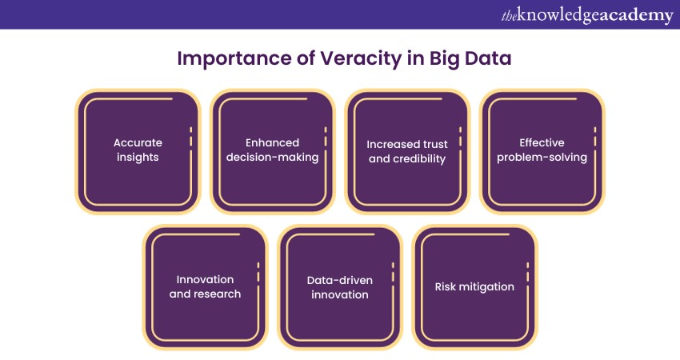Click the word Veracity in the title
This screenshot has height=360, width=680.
coord(361,58)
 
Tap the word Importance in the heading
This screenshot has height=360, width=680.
coord(234,59)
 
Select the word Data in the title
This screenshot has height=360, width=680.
coord(488,58)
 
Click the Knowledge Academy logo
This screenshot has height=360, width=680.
coord(587,15)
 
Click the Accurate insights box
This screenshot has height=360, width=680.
coord(138,151)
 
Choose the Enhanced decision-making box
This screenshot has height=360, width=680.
coord(273,151)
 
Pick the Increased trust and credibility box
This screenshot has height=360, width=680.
coord(408,151)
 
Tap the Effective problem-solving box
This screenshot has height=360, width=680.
coord(542,151)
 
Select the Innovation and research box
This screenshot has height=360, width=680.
coord(205,286)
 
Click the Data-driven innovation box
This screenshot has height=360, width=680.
coord(340,286)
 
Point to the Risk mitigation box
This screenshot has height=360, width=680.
coord(475,286)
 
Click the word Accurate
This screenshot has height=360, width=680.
coord(138,142)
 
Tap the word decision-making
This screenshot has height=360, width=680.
coord(272,158)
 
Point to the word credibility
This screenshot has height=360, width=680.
coord(418,158)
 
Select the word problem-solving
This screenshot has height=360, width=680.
coord(542,158)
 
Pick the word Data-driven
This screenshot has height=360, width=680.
coord(339,280)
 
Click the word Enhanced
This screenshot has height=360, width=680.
coord(272,142)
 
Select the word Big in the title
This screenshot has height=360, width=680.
coord(444,59)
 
